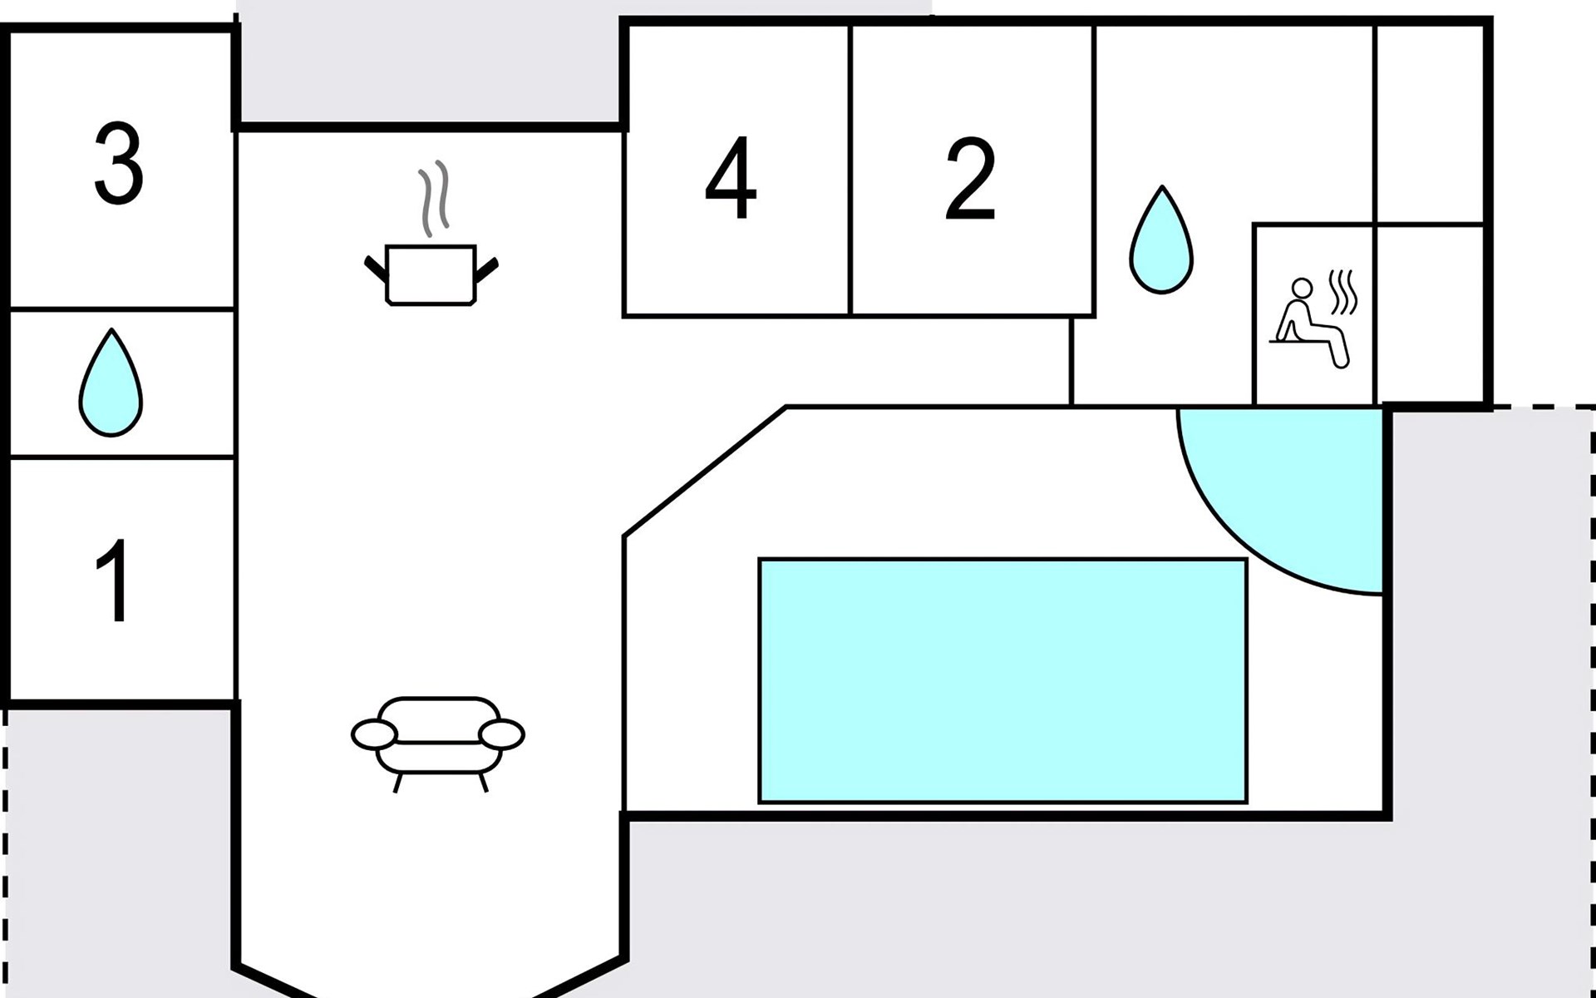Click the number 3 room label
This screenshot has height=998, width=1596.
click(x=118, y=163)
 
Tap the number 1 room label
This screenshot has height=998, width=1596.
click(x=114, y=580)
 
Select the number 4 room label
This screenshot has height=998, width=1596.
click(x=731, y=178)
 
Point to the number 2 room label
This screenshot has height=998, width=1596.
click(x=970, y=178)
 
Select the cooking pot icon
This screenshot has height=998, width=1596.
click(x=431, y=274)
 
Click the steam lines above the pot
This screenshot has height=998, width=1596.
click(x=434, y=198)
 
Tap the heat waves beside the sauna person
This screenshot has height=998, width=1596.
click(x=1343, y=293)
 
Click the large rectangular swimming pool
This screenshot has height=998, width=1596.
click(x=1002, y=680)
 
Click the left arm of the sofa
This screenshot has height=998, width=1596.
click(x=374, y=735)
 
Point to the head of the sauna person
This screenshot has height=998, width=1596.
click(x=1302, y=288)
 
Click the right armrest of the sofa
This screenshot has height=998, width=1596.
click(x=502, y=734)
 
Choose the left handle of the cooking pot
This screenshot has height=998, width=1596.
click(x=376, y=269)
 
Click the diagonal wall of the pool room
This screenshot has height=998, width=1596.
click(x=705, y=471)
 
